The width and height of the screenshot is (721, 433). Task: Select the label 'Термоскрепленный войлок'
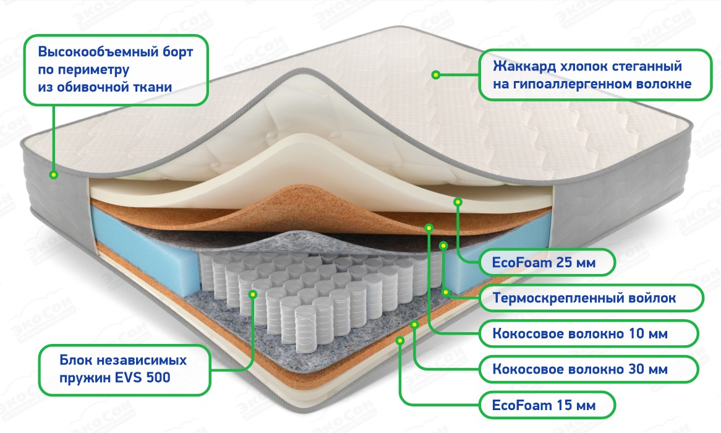click(x=584, y=299)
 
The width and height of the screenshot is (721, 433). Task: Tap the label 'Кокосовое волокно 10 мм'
click(x=579, y=335)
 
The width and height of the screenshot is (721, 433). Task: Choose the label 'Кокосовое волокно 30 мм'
click(x=579, y=371)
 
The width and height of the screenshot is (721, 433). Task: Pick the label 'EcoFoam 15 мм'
click(x=544, y=406)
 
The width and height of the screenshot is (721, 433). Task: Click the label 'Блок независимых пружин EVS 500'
click(x=123, y=369)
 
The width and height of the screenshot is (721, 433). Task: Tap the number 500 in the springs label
click(x=158, y=377)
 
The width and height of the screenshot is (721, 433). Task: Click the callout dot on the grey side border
click(x=54, y=175)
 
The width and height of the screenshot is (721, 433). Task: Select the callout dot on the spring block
click(x=253, y=294)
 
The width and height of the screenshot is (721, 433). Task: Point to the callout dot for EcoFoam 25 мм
click(x=458, y=202)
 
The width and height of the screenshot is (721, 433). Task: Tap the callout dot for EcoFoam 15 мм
click(x=401, y=339)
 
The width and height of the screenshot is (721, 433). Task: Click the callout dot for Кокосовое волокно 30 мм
click(x=415, y=323)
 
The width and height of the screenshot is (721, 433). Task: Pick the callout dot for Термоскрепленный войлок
click(x=443, y=246)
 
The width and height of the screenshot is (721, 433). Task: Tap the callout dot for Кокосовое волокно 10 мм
click(x=428, y=228)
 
